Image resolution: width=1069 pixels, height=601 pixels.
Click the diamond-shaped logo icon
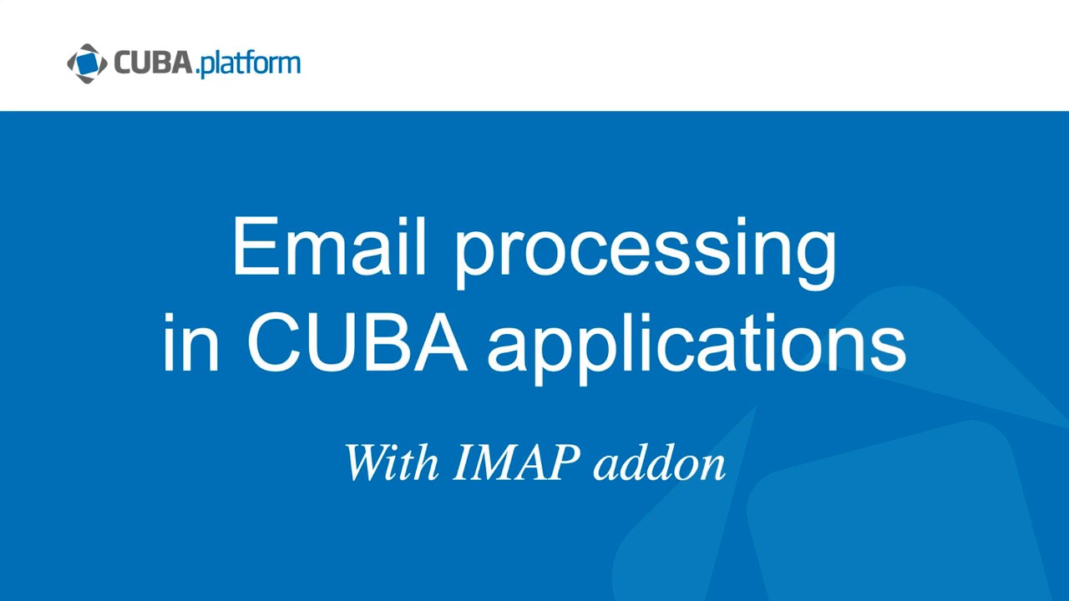coord(87,63)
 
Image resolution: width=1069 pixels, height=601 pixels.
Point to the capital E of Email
coord(252,247)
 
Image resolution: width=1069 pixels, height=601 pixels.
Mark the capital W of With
coord(367,462)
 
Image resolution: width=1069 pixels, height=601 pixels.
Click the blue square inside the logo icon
coord(87,63)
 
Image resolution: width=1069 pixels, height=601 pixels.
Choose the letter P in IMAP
coord(565,462)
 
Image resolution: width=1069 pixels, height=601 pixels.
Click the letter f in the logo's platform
coord(246,63)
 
